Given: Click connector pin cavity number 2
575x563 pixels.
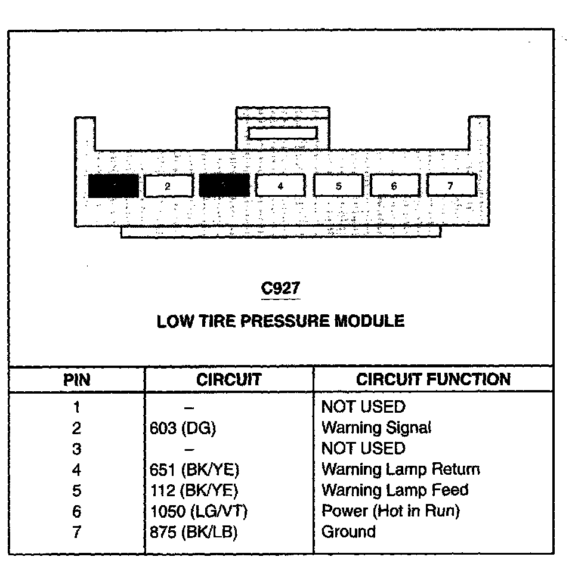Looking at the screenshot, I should click(169, 186).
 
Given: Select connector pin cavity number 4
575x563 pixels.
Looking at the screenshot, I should click(280, 186).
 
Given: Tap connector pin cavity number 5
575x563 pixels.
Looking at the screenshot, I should click(338, 186).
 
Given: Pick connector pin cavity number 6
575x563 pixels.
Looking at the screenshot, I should click(394, 186).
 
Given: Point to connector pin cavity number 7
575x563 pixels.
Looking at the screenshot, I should click(451, 185).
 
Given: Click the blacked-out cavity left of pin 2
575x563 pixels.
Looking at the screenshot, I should click(113, 186).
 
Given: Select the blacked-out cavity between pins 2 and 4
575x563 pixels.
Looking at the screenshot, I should click(224, 185).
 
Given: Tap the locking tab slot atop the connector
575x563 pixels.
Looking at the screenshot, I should click(282, 132).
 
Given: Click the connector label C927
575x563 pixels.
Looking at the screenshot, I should click(281, 288).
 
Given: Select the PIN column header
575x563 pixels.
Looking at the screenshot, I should click(78, 380).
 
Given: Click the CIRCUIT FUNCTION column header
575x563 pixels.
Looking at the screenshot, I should click(433, 379).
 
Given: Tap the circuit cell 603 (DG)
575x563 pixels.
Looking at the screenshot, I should click(183, 428).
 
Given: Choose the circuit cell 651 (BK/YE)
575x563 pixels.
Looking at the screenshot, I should click(194, 470).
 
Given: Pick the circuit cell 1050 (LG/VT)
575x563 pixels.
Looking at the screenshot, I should click(199, 511).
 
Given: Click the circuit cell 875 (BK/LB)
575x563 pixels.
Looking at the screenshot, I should click(194, 532).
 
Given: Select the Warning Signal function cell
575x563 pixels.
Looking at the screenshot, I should click(376, 428).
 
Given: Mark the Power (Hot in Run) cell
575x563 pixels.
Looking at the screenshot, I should click(391, 511).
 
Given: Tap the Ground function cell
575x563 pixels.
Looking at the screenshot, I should click(348, 532).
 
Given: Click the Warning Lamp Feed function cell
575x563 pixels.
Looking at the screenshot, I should click(395, 490).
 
